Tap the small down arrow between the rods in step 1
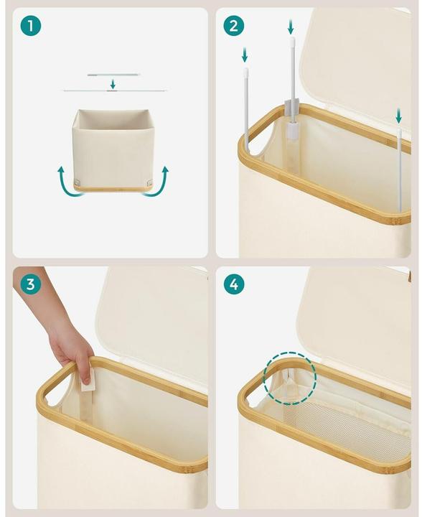pos(113,84)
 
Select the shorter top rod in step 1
pos(113,74)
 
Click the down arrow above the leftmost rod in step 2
pos(245,55)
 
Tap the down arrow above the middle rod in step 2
pos(291,27)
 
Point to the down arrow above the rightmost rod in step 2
pos(398,115)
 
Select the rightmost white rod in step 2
pos(399,169)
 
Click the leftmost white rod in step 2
pos(245,108)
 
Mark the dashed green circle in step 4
pos(289,377)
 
